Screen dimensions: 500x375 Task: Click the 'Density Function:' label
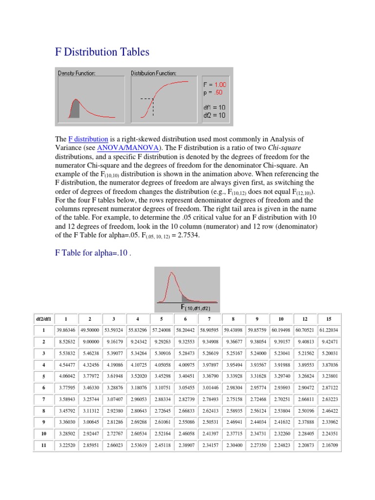[77, 73]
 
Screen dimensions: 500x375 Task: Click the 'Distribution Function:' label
[153, 73]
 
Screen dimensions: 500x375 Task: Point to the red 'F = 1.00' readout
[215, 84]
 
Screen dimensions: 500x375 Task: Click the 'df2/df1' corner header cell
[43, 319]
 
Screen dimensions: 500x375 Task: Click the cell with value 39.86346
[66, 330]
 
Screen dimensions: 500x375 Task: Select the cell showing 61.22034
[328, 330]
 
